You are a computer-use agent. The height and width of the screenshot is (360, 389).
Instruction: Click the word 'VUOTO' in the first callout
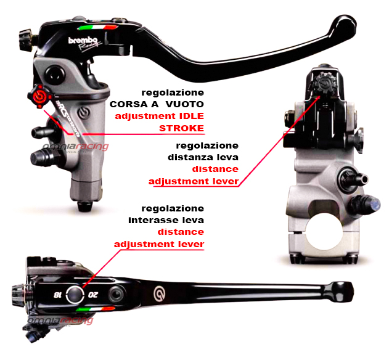click(185, 104)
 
